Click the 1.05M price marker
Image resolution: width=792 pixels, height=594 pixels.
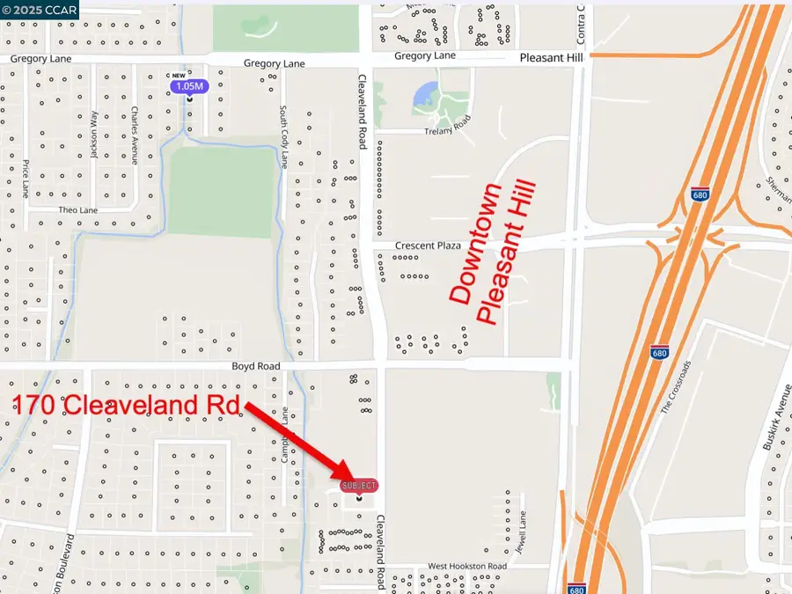pyautogui.click(x=189, y=86)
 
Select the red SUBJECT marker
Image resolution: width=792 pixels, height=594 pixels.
pyautogui.click(x=359, y=486)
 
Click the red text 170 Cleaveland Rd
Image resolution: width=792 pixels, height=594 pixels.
pyautogui.click(x=127, y=406)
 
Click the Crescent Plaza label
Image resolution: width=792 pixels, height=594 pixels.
pyautogui.click(x=429, y=246)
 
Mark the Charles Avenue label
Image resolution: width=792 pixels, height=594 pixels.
pyautogui.click(x=134, y=136)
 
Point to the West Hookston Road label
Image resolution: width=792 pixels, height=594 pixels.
pyautogui.click(x=467, y=566)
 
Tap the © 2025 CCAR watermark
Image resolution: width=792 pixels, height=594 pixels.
pyautogui.click(x=40, y=11)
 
